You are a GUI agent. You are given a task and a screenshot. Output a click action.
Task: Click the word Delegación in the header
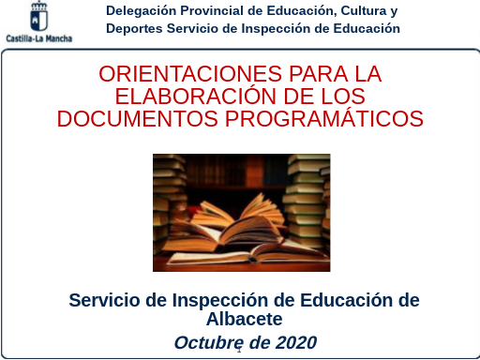(142, 11)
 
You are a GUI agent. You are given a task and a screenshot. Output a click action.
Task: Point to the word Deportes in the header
(134, 28)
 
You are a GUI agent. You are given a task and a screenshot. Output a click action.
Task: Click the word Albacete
(244, 319)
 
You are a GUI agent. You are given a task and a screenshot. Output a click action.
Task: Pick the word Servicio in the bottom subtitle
(109, 300)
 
